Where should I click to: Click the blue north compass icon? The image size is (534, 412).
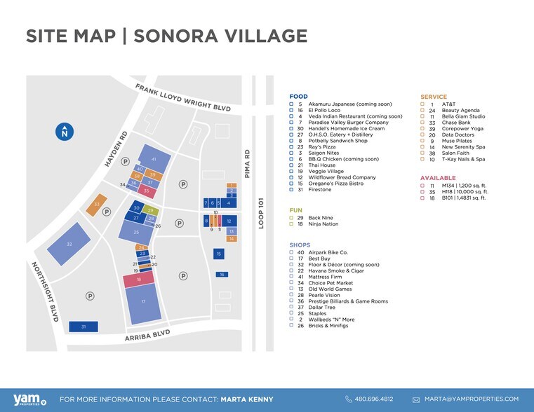click(x=64, y=131)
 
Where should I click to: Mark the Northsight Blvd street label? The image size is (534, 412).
click(x=44, y=291)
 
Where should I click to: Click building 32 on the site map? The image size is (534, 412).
click(x=69, y=244)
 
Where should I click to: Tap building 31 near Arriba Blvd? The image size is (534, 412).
click(x=84, y=327)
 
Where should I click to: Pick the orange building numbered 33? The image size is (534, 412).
click(x=96, y=205)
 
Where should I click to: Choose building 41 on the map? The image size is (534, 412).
click(x=154, y=160)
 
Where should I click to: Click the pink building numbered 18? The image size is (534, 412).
click(x=140, y=280)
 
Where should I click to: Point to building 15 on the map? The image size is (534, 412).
click(x=219, y=254)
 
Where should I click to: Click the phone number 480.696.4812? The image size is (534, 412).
click(x=374, y=399)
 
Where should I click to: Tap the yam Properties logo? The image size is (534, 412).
click(x=23, y=399)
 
